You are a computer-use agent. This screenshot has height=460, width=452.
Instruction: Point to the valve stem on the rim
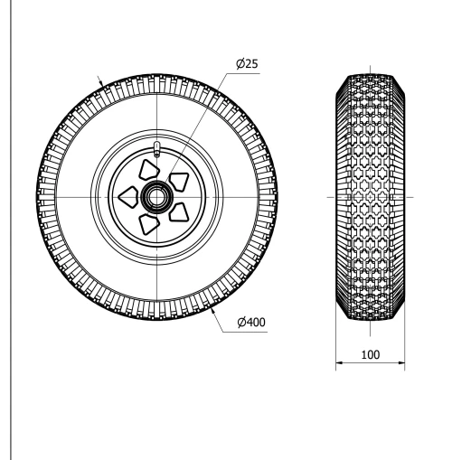coord(157,149)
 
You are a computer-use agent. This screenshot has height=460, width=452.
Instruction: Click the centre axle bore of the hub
coord(157,196)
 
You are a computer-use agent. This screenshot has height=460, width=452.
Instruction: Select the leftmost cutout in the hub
coord(129,194)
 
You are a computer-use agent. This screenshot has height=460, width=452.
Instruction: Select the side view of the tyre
coord(370,196)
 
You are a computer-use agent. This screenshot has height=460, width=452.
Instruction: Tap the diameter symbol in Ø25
coord(239,65)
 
